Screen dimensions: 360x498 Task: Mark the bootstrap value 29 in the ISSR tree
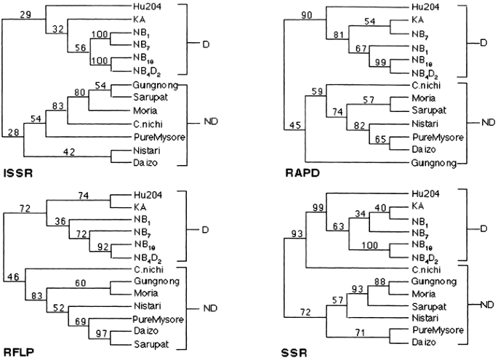[x=27, y=15]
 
